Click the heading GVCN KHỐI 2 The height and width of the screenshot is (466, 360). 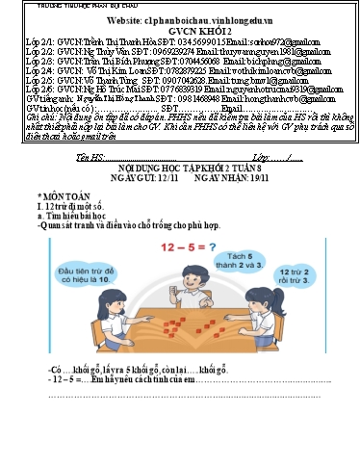pyautogui.click(x=180, y=30)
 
